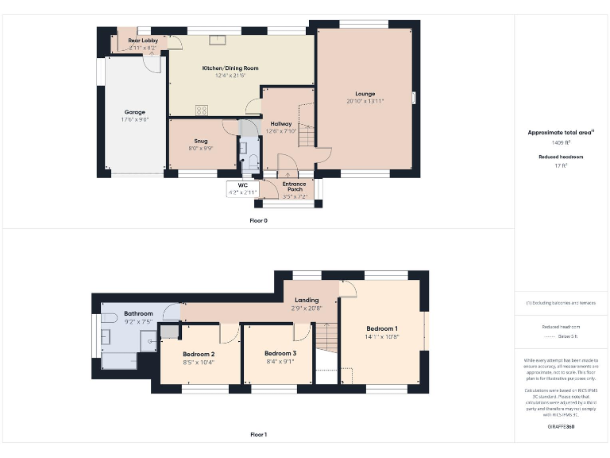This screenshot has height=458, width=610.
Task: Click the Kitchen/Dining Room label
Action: (230, 68)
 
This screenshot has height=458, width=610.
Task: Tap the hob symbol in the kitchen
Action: (202, 111)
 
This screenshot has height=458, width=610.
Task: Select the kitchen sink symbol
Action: (218, 38)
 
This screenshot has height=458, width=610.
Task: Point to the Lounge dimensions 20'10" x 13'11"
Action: (365, 101)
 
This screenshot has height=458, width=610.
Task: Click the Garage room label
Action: (134, 112)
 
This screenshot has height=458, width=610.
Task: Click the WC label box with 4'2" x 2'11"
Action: (242, 189)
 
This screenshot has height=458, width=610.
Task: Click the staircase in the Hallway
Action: (307, 127)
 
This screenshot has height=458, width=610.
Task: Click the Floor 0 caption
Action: (258, 220)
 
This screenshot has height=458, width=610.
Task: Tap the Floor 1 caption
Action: (258, 435)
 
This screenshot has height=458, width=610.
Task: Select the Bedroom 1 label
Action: (381, 328)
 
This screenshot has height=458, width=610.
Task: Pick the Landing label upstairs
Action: (306, 300)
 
